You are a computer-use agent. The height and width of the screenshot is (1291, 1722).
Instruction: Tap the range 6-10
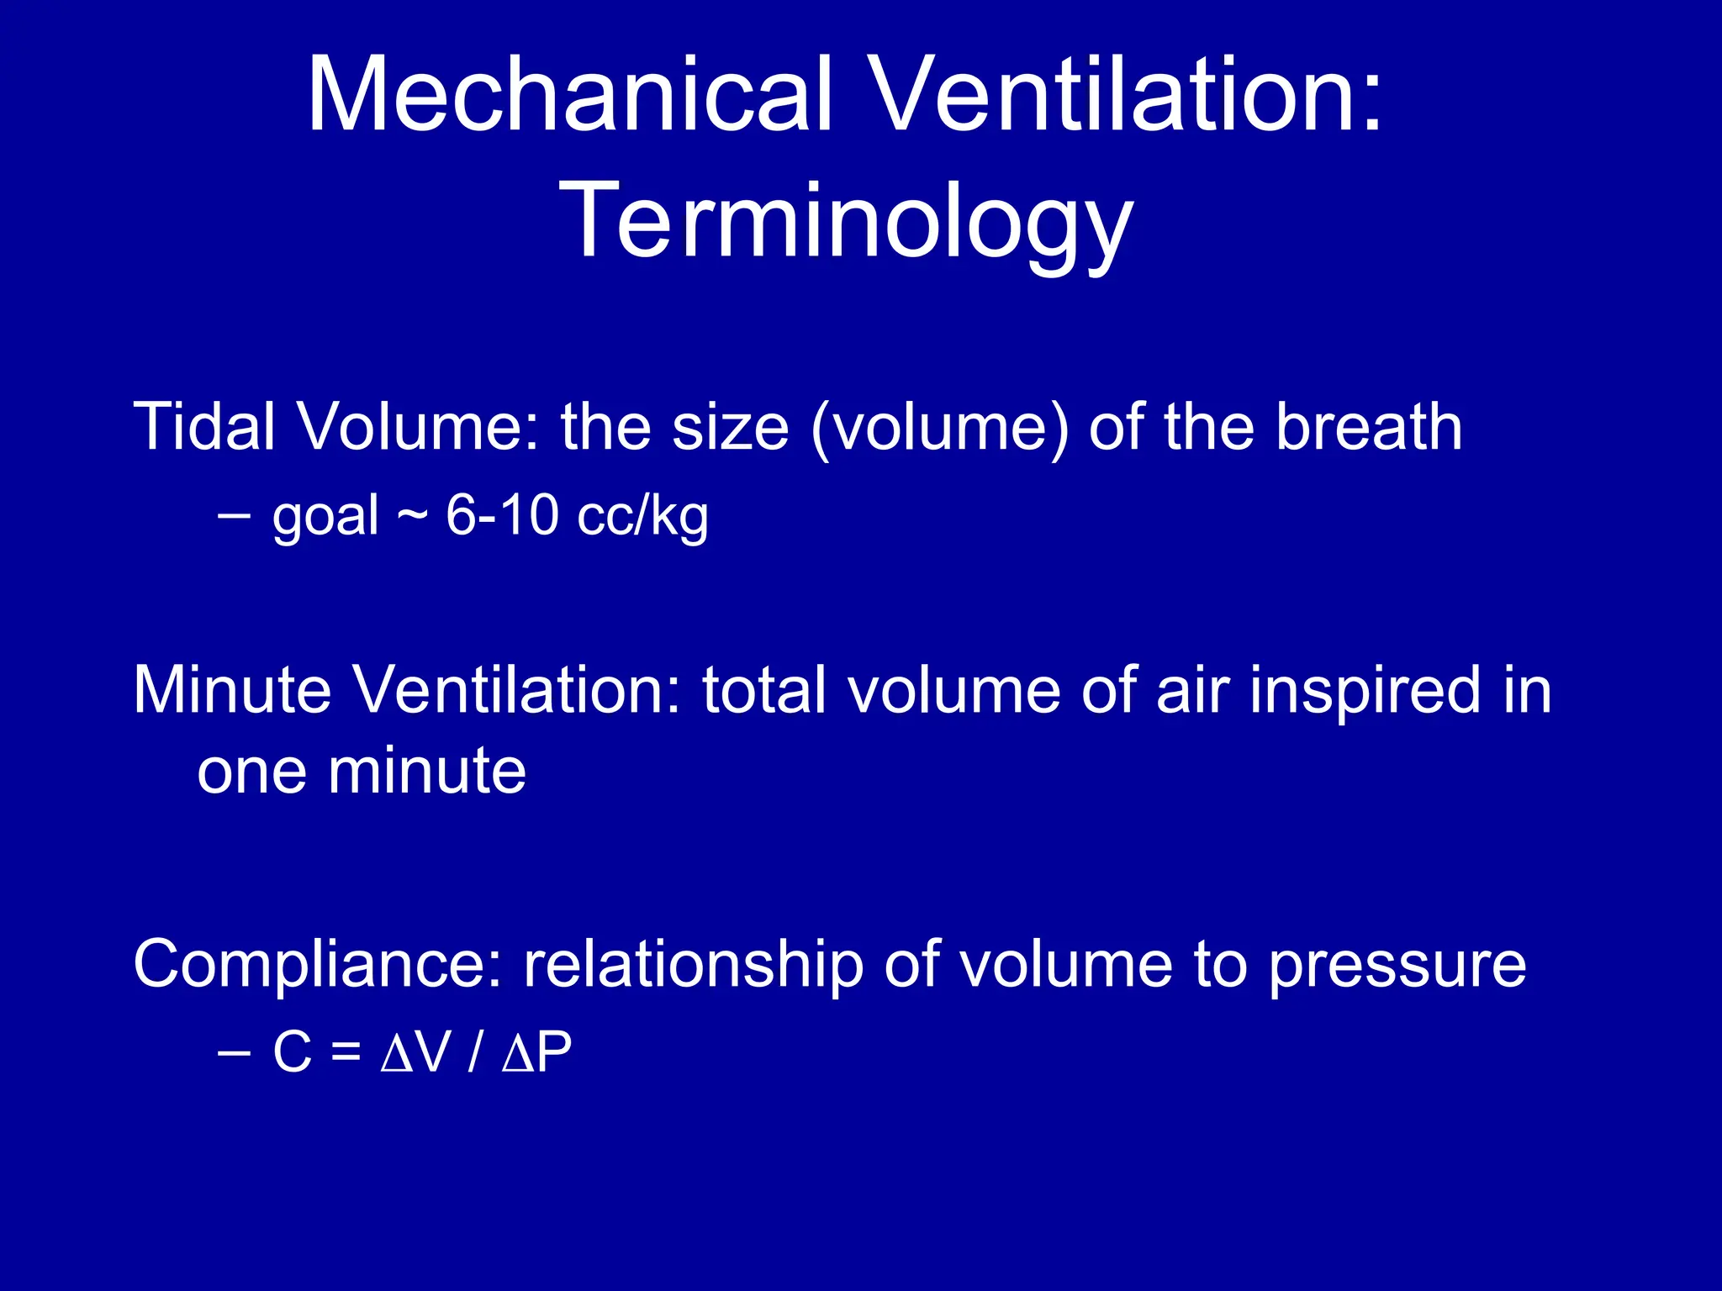(502, 514)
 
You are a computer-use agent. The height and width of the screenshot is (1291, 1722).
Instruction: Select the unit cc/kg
(642, 516)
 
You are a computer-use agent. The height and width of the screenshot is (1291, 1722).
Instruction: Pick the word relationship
(693, 964)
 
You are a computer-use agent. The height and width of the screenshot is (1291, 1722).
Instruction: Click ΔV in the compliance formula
(416, 1051)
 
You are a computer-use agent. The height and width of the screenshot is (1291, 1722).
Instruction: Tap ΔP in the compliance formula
(536, 1051)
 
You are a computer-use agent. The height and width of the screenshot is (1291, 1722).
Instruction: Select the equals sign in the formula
(345, 1052)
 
